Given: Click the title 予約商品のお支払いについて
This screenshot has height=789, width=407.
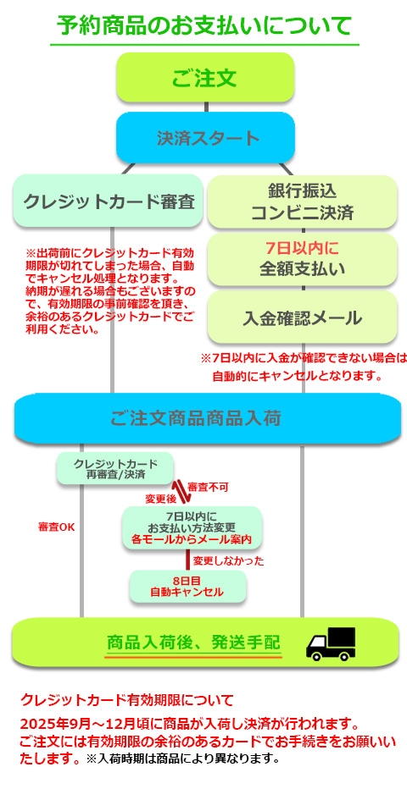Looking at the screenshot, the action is [x=204, y=25].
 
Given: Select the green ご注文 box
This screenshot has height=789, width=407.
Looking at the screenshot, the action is [x=205, y=77].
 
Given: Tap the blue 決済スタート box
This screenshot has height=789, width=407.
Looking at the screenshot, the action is [x=205, y=137].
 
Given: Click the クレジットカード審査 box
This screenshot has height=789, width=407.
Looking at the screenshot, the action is [x=109, y=201].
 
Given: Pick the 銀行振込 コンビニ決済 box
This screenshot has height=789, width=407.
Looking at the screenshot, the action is [x=303, y=201].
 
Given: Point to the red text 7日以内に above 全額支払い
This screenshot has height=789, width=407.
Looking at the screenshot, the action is [x=302, y=248].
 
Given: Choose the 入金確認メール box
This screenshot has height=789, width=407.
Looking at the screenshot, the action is [x=303, y=317].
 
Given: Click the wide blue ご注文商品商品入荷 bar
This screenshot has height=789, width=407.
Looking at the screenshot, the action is [x=208, y=418].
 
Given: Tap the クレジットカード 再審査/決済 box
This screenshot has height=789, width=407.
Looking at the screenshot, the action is [x=115, y=468].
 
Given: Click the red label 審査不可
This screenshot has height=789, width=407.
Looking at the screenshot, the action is [x=208, y=487].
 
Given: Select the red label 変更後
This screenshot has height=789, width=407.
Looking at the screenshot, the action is [x=161, y=499].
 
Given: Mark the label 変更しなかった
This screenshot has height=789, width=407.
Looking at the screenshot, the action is [x=228, y=561].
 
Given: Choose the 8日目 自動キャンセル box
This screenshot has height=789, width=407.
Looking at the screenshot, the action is [x=188, y=586].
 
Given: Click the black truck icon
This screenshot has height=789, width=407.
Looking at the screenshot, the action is [x=331, y=643].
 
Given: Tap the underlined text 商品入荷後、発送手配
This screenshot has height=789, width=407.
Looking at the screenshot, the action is [x=193, y=643].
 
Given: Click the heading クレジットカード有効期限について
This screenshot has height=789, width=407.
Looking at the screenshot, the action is [x=127, y=700].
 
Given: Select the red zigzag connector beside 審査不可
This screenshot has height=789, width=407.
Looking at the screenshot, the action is [x=181, y=492].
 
